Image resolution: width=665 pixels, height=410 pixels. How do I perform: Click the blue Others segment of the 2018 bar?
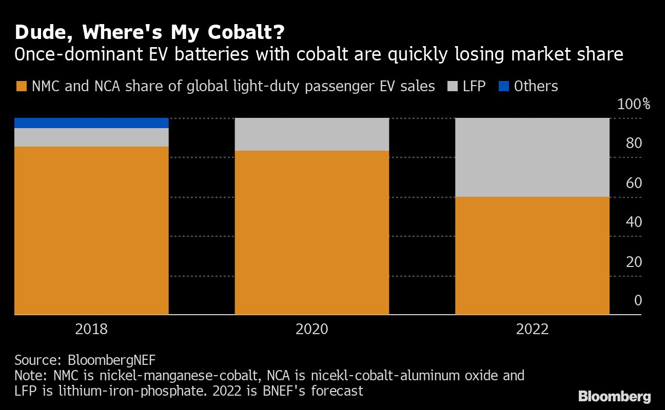click(91, 123)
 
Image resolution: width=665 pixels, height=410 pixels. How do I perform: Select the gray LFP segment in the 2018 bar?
click(91, 137)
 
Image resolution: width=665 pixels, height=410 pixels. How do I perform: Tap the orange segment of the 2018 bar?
click(91, 231)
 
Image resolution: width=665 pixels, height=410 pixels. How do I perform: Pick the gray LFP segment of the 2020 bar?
click(311, 134)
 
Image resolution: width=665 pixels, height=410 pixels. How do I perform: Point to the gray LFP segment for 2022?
click(532, 157)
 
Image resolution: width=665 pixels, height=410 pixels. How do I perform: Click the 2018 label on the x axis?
click(91, 329)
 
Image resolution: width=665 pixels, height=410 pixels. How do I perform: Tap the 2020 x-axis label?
click(311, 329)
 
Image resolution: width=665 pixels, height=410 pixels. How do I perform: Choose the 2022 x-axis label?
click(532, 329)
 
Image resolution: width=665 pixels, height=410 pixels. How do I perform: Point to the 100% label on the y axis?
click(633, 105)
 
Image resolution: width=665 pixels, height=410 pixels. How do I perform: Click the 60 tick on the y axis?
click(634, 183)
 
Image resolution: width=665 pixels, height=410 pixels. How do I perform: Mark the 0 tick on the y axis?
click(638, 300)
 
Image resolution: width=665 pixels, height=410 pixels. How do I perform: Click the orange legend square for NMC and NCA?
click(21, 86)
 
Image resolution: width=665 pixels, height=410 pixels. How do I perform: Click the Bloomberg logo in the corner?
click(614, 396)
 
